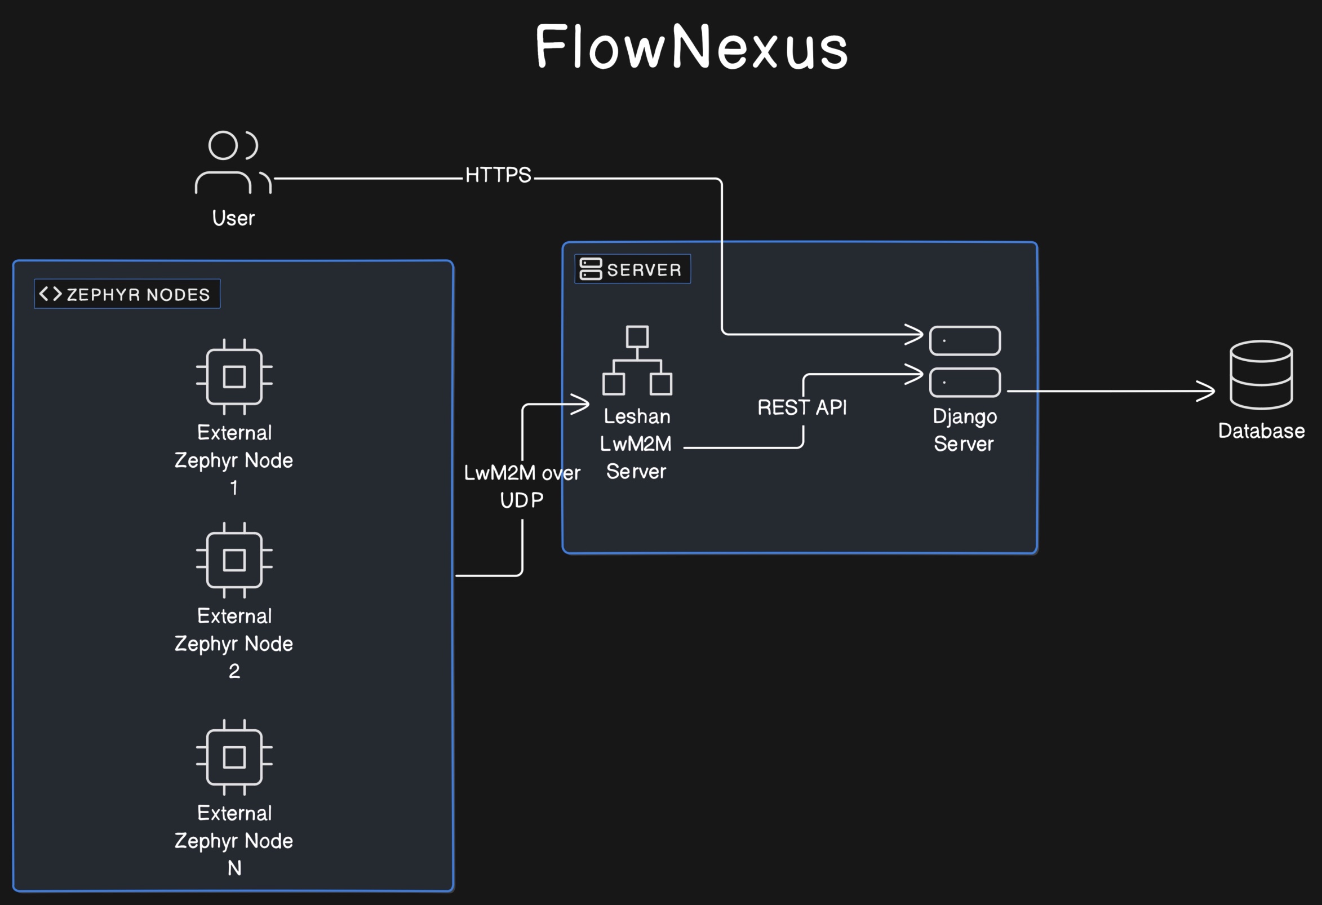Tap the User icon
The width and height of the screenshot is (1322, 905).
coord(233,163)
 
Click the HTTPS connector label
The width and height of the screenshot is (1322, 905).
coord(498,175)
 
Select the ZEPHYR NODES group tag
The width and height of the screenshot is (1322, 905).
coord(127,294)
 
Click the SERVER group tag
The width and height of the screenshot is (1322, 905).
coord(632,269)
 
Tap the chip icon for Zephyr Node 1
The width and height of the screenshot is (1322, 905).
coord(234,376)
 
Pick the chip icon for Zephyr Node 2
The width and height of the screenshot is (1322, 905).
coord(234,560)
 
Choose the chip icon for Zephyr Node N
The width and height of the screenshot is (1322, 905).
coord(234,757)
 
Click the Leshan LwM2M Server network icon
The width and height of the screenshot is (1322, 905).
coord(637,360)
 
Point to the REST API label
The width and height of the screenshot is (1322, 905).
coord(801,407)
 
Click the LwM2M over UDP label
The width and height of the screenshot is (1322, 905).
coord(522,486)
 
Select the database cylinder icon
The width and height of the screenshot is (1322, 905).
coord(1261,375)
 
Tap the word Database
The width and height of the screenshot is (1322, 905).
coord(1261,431)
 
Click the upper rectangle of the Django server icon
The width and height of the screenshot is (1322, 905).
coord(965,341)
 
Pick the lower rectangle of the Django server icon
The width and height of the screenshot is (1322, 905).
coord(965,382)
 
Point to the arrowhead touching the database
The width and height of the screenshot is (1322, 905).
coord(1206,391)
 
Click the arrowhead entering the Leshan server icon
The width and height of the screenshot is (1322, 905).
coord(582,404)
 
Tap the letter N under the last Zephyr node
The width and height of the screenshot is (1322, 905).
coord(234,868)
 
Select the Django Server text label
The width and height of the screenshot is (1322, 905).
coord(964,430)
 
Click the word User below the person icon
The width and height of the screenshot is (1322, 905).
coord(233,218)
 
